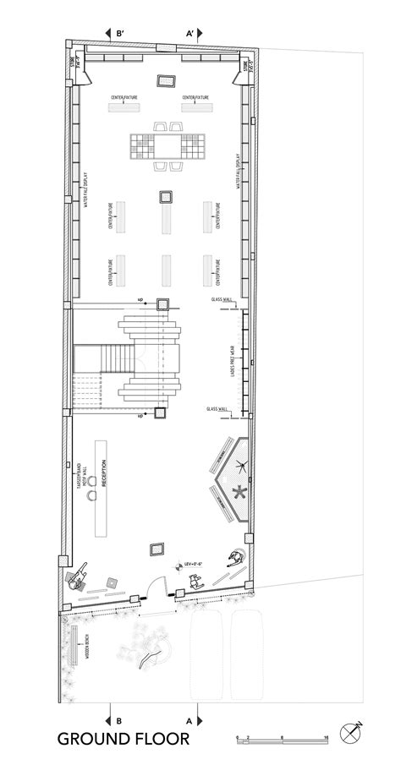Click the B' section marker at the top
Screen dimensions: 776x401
click(119, 34)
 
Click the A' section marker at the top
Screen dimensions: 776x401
click(191, 34)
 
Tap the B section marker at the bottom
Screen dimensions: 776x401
click(119, 719)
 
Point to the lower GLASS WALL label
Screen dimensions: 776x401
click(218, 409)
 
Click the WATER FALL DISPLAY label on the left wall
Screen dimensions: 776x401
click(87, 190)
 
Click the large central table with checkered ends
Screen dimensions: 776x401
click(169, 147)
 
